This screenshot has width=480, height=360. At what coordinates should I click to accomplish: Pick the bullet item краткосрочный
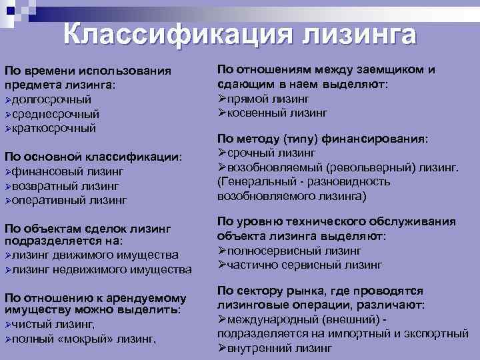[54, 127]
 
